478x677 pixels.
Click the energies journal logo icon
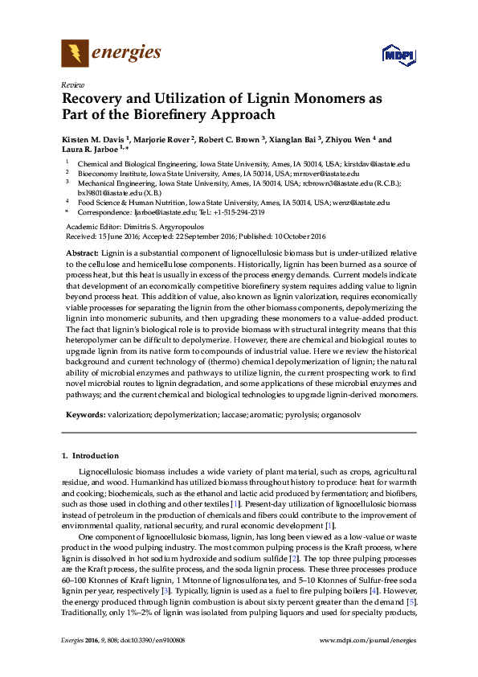tap(75, 54)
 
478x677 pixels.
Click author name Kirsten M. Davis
tap(95, 140)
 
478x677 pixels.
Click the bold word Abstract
tap(78, 252)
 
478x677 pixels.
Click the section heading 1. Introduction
tap(90, 456)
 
